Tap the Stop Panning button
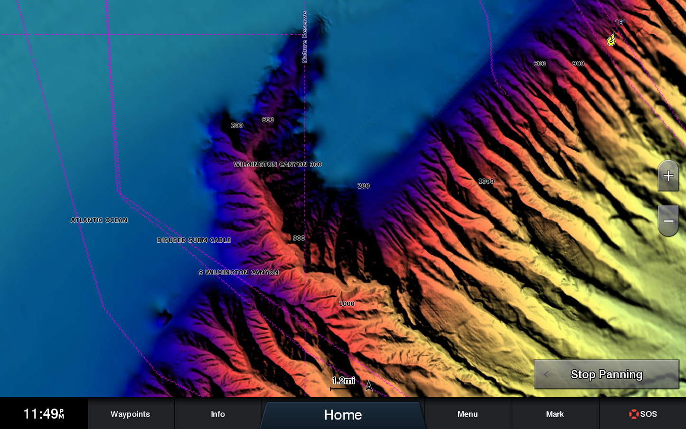point(606,374)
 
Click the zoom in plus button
point(668,176)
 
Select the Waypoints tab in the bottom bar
point(130,414)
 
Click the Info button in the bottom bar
point(217,414)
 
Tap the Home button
point(342,414)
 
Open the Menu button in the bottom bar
point(467,414)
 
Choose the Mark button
point(554,414)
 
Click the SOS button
point(643,414)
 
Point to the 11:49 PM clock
point(43,414)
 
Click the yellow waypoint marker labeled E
point(611,40)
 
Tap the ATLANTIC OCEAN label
point(99,220)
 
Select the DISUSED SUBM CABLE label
point(194,240)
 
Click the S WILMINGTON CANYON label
point(238,272)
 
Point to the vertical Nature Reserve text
point(304,38)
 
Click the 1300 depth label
point(486,181)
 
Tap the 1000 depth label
point(347,304)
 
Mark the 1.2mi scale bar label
point(343,381)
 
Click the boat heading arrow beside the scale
point(369,386)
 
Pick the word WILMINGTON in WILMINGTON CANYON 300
point(255,164)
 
